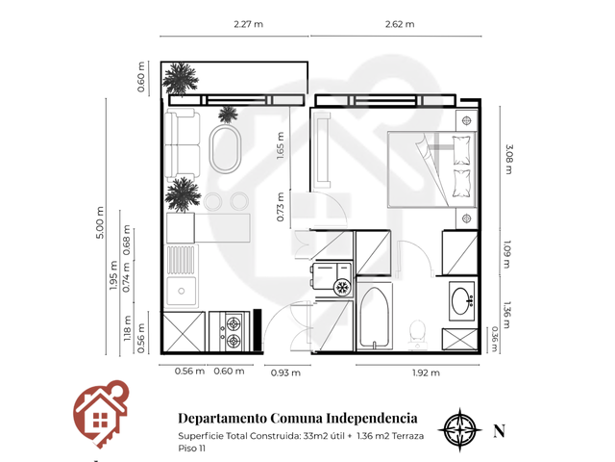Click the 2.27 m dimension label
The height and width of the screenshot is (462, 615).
click(248, 24)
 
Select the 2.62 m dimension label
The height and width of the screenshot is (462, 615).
click(400, 24)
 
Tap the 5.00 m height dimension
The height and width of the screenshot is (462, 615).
click(100, 222)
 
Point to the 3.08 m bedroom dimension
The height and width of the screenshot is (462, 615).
click(508, 159)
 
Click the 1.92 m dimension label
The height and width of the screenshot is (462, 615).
click(426, 372)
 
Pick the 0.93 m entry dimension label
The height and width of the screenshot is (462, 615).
click(285, 372)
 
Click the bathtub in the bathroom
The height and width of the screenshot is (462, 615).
click(375, 317)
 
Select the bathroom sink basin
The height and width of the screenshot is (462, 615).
click(461, 301)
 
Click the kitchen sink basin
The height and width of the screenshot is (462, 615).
click(181, 291)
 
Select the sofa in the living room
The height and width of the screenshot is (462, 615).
click(183, 145)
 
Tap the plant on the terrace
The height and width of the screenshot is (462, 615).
click(181, 78)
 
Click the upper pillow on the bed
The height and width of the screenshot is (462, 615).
click(461, 150)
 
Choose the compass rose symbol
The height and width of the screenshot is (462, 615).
click(459, 430)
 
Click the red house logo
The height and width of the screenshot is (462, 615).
click(101, 414)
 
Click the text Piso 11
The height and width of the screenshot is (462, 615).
click(192, 449)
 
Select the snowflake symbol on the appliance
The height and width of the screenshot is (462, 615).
click(342, 288)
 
